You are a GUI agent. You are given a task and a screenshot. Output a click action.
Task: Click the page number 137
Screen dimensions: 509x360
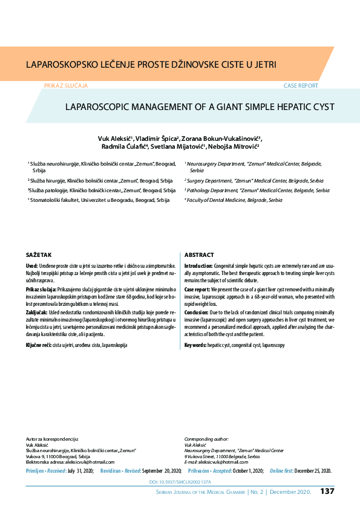327,491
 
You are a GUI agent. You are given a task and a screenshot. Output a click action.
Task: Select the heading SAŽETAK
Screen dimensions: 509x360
39,255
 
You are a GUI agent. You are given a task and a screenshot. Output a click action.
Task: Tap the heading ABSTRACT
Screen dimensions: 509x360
198,255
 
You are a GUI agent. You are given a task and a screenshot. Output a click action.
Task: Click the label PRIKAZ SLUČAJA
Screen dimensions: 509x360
66,86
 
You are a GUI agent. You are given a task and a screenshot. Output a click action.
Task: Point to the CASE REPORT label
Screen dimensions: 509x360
301,86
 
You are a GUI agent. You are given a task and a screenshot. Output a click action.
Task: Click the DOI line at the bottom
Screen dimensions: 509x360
180,482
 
